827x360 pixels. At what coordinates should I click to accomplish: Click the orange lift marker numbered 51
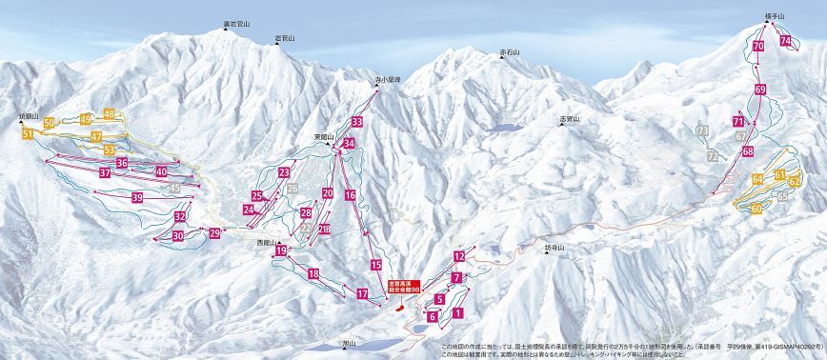(28, 135)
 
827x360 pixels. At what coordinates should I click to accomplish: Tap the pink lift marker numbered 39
(137, 198)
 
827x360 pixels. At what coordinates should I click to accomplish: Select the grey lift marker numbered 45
(174, 189)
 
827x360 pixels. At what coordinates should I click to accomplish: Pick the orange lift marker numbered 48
(110, 114)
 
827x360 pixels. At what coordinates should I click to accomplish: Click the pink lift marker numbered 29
(215, 232)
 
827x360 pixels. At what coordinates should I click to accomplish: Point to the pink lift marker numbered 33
(356, 123)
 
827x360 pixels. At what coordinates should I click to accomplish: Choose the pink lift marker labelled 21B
(325, 229)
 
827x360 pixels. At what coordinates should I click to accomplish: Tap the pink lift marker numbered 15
(376, 264)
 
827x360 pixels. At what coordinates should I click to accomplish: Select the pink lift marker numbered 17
(362, 293)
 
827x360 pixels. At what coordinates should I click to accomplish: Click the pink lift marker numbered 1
(457, 311)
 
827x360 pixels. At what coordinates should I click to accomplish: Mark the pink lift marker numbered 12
(459, 256)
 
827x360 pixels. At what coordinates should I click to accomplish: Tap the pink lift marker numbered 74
(785, 41)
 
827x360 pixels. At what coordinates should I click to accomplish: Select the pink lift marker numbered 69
(760, 90)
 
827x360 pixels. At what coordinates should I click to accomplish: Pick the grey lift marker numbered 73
(702, 130)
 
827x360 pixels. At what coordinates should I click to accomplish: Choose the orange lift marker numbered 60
(756, 209)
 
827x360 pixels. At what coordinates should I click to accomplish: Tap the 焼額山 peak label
(30, 116)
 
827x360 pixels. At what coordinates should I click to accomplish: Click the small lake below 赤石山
(506, 127)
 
